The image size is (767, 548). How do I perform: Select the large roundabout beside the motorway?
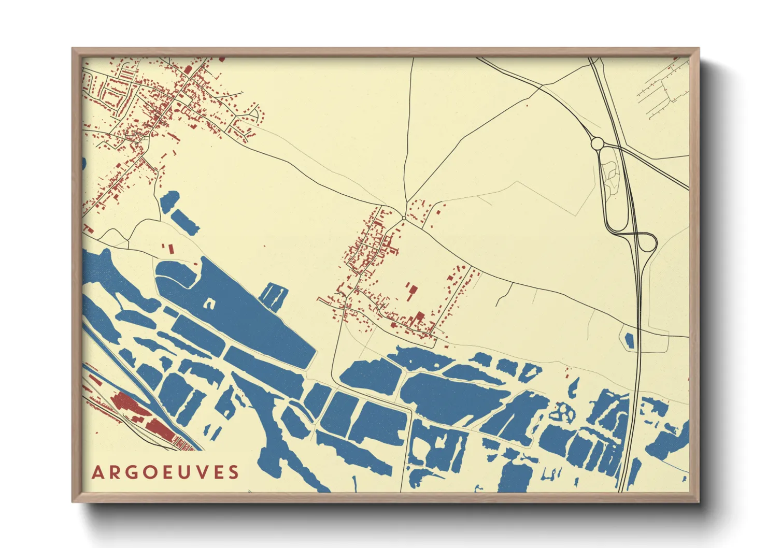[x=598, y=143]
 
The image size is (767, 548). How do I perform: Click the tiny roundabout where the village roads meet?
[x=404, y=217]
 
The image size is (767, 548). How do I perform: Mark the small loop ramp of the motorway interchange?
[x=648, y=242]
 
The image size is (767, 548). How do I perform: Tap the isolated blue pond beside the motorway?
[x=629, y=340]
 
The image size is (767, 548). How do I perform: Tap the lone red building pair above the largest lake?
[x=168, y=249]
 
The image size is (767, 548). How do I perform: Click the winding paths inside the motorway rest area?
[x=613, y=176]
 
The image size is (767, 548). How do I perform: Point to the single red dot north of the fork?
[x=527, y=106]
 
